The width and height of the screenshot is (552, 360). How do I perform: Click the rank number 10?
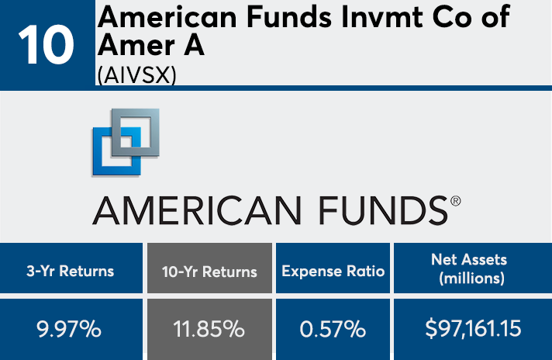(47, 45)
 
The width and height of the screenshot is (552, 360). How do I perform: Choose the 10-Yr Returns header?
(209, 272)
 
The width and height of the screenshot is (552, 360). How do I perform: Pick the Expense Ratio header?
(333, 271)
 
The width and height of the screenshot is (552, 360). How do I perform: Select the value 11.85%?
(209, 328)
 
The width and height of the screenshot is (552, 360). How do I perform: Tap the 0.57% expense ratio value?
(333, 328)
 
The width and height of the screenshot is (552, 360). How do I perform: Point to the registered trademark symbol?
(455, 200)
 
